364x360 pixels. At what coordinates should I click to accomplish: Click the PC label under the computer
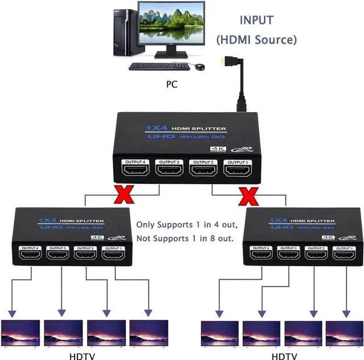click(172, 84)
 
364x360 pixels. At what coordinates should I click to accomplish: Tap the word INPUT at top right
click(256, 20)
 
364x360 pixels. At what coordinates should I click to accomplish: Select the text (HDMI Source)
click(256, 40)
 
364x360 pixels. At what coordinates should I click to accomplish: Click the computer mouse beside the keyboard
click(200, 67)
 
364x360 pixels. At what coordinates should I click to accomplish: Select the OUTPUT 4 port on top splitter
click(134, 169)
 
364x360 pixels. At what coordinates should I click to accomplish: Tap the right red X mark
click(246, 197)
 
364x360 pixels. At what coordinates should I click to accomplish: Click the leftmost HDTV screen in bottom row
click(20, 333)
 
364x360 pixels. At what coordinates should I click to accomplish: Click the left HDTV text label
click(82, 356)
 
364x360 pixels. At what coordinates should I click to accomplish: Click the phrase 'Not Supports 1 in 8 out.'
click(185, 238)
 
